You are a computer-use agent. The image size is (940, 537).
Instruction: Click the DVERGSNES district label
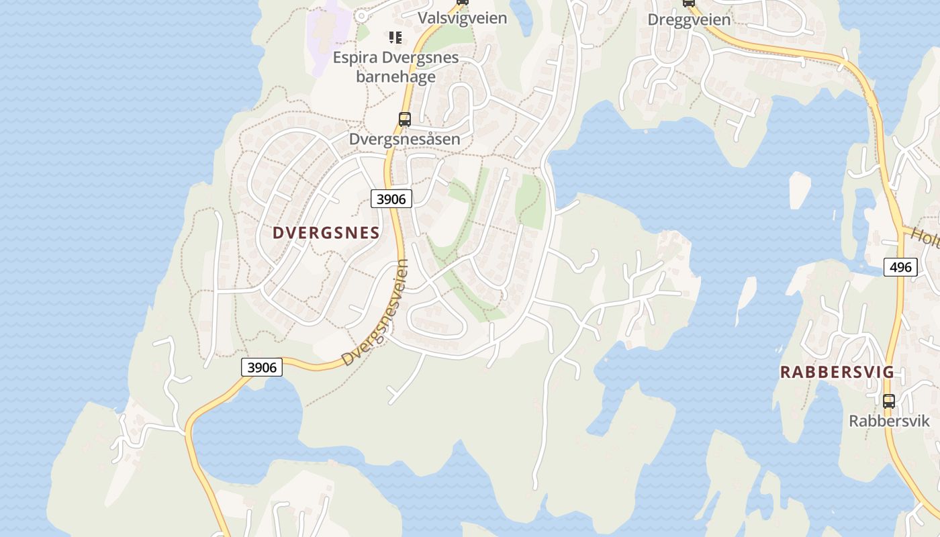pos(326,233)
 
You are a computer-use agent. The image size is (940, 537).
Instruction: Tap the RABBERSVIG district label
pos(837,372)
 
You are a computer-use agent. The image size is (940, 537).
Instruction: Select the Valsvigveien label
pos(463,18)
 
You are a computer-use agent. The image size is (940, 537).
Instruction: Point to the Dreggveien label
pos(689,19)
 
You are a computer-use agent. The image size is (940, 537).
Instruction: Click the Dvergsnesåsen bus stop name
pos(404,139)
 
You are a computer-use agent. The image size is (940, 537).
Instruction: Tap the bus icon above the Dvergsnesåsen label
pos(404,119)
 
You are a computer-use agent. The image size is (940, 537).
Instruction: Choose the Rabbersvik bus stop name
pos(889,421)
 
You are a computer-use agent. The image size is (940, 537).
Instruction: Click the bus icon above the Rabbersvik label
pos(889,401)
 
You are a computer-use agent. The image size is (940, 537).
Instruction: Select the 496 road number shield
pos(900,267)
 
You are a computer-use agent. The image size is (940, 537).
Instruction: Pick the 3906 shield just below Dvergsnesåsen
pos(391,199)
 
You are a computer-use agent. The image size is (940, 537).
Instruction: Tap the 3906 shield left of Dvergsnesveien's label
pos(261,367)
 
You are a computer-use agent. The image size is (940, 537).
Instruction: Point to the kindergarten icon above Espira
pos(395,38)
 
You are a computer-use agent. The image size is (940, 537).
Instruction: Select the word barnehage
pos(395,77)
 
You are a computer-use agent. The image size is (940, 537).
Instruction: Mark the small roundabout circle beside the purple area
pos(361,15)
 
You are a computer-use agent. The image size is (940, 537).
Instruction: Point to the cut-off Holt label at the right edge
pos(927,236)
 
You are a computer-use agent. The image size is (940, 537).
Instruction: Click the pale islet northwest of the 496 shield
pos(799,189)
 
